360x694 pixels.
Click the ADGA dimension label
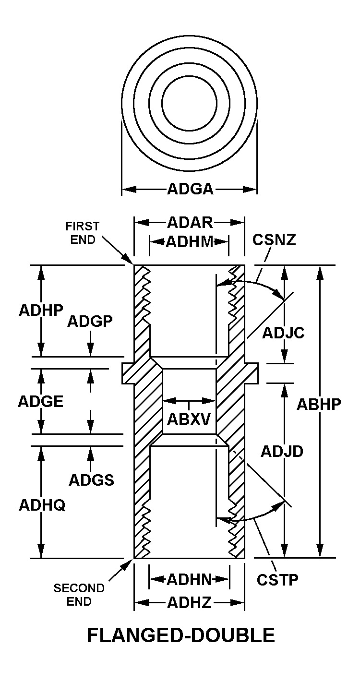point(190,189)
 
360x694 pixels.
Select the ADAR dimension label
point(190,223)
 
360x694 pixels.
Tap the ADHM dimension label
point(189,241)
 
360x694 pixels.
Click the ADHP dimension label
point(41,310)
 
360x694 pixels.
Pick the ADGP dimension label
point(90,321)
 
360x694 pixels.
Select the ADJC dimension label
point(283,333)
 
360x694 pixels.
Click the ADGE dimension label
point(40,401)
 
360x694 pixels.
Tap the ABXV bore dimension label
point(189,419)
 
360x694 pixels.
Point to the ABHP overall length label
point(319,405)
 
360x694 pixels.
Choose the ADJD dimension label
point(282,451)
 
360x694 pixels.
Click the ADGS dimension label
point(91,479)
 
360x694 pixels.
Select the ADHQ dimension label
point(42,505)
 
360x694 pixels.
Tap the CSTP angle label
point(277,579)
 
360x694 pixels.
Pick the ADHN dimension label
point(189,580)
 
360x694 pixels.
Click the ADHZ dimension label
point(189,603)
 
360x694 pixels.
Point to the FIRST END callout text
point(83,233)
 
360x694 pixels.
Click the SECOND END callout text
point(79,594)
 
